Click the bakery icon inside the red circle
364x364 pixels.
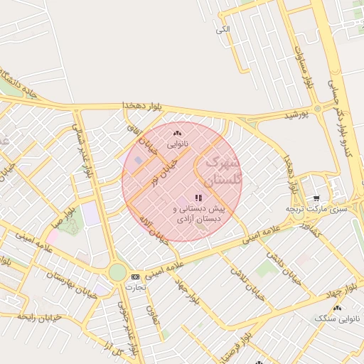[x=177, y=133]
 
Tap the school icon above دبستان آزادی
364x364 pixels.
[x=198, y=198]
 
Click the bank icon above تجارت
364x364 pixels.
[x=135, y=277]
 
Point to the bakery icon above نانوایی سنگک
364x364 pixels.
[x=337, y=308]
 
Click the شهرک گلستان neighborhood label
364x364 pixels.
[x=223, y=171]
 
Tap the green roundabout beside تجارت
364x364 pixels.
[x=117, y=273]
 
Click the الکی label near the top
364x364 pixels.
[x=223, y=29]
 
